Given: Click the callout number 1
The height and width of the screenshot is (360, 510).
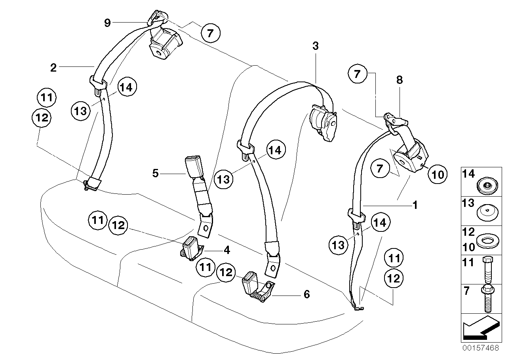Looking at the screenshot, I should tap(415, 205).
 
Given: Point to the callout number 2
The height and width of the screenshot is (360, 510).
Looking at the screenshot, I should tap(53, 68).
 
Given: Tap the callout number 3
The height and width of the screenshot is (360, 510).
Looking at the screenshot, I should tap(315, 46).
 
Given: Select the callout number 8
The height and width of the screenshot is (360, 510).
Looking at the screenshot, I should tap(399, 80).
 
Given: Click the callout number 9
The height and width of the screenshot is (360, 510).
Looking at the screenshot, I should tap(107, 23).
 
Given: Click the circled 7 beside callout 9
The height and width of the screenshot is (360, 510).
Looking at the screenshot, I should tap(210, 33).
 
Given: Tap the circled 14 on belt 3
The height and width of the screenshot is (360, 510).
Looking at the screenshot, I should tap(276, 150).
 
